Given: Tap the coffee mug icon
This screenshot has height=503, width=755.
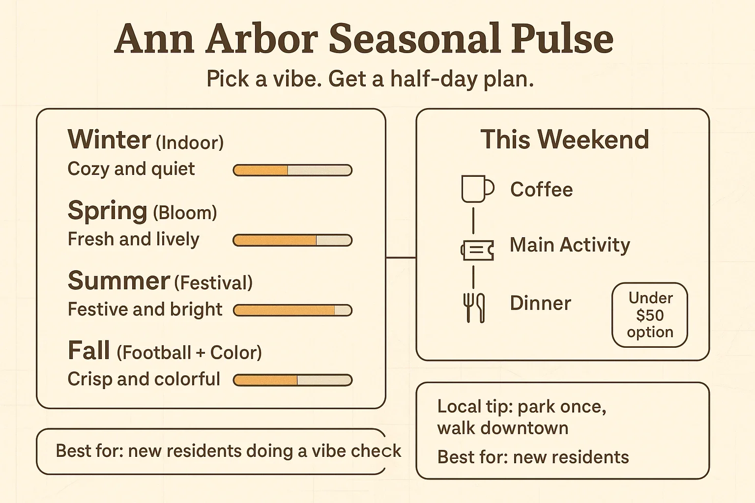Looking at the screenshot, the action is point(477,189).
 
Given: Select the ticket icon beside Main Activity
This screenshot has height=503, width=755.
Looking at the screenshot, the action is point(477,251).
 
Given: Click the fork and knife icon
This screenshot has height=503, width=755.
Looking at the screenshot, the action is point(474,307).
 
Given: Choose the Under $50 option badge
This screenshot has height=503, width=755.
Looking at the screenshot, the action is point(649,315).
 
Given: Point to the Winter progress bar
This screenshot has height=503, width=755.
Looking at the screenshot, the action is point(292,170).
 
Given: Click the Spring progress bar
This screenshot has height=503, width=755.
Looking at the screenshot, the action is point(292,240).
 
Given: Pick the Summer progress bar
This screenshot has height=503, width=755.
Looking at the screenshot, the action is point(292,310).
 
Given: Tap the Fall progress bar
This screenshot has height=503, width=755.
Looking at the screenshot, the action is point(292,380).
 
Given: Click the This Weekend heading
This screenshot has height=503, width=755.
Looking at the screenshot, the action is point(565,139).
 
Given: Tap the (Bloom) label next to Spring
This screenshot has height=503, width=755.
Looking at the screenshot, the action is point(185,213).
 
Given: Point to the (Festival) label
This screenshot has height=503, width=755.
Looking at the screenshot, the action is point(213,282).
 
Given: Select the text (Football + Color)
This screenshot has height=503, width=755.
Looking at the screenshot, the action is point(189,352).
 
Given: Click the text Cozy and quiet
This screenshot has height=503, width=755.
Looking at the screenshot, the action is point(131,169).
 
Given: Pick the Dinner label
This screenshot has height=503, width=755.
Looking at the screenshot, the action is point(540,303).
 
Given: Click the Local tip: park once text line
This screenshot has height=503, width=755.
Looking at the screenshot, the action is point(522,407).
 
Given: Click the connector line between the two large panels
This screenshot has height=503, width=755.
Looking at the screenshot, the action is point(401,258).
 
